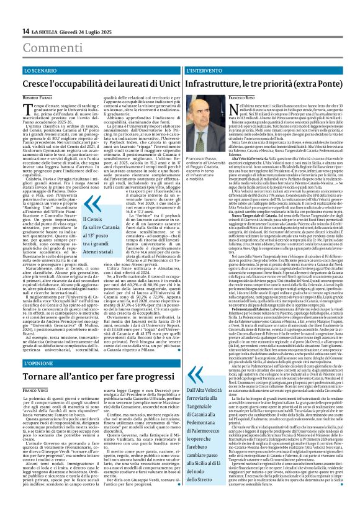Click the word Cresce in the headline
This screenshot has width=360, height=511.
click(37, 84)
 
